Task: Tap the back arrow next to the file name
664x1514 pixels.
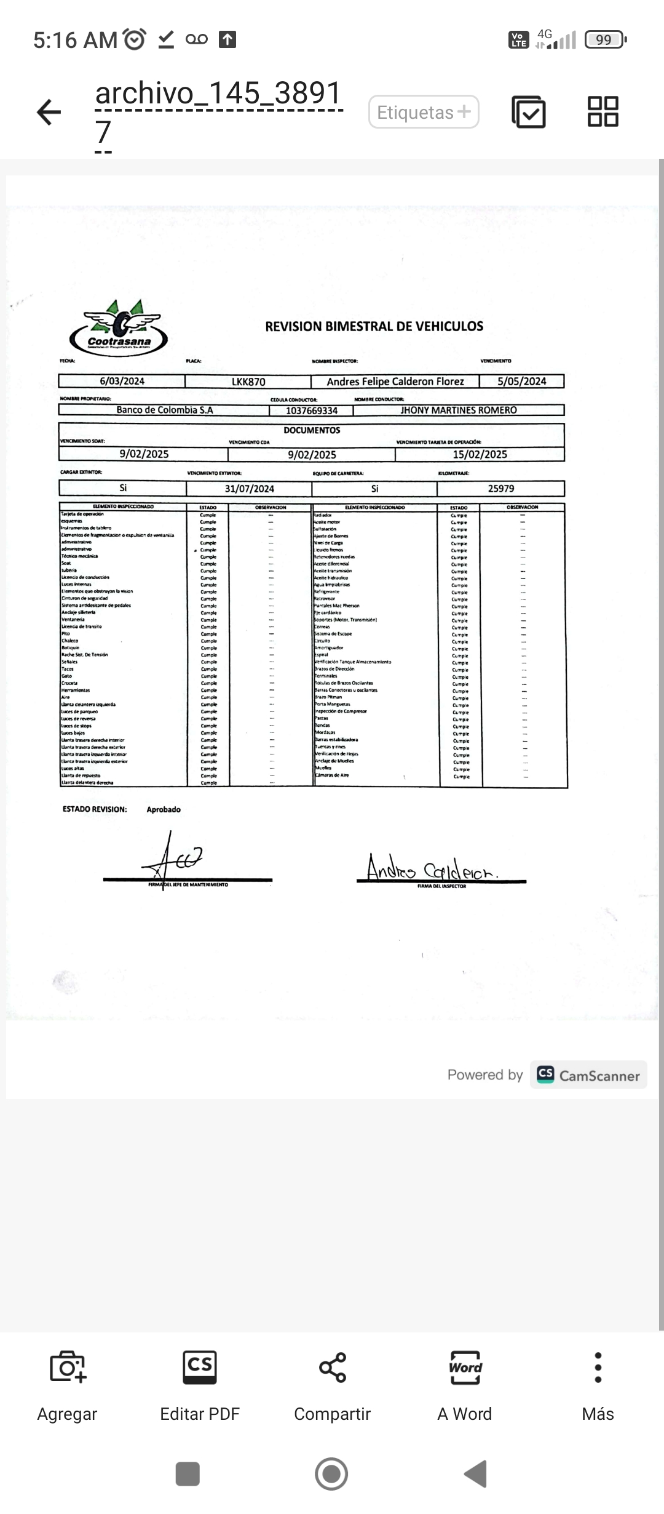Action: (x=49, y=113)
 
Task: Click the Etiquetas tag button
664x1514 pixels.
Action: (x=424, y=112)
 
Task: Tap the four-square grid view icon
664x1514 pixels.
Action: (x=603, y=111)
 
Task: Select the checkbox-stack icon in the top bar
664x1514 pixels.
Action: (x=528, y=112)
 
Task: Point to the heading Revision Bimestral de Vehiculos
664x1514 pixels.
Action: (x=374, y=326)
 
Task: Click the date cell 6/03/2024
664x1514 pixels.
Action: (x=122, y=381)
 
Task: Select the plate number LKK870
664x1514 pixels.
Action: (x=248, y=382)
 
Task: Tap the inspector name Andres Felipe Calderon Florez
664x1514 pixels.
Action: (x=395, y=382)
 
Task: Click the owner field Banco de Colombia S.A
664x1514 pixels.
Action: (x=165, y=410)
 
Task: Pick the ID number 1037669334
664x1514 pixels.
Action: (x=312, y=411)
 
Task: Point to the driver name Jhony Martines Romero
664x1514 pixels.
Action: (x=459, y=410)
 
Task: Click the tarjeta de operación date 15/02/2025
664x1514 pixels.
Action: (x=480, y=454)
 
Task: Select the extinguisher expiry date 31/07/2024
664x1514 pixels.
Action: (x=249, y=489)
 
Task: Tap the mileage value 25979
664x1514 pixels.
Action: (x=500, y=489)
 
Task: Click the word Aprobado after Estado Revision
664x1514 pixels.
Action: (x=164, y=809)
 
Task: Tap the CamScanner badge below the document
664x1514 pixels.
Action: (x=588, y=1075)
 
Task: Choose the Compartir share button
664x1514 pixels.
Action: (x=332, y=1385)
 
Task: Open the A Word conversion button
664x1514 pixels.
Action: (x=465, y=1385)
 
